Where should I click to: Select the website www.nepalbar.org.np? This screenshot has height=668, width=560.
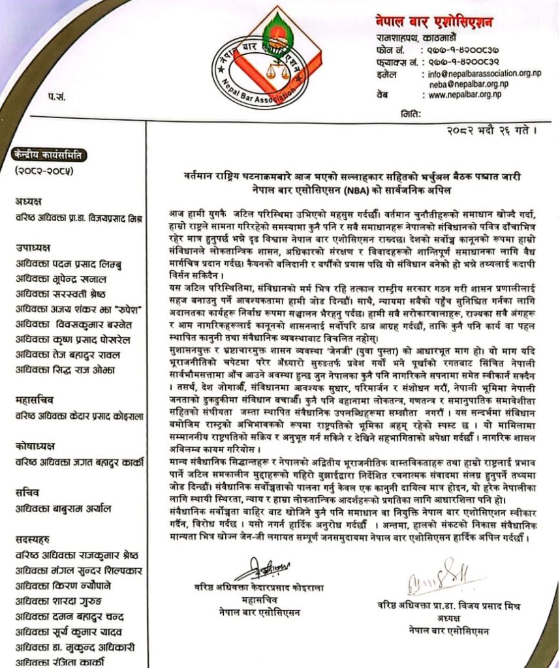(x=465, y=95)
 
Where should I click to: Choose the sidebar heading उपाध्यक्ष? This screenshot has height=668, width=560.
(x=33, y=248)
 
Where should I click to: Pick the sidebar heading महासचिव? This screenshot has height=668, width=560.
(x=34, y=397)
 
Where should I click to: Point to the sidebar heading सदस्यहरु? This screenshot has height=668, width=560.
(x=35, y=539)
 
